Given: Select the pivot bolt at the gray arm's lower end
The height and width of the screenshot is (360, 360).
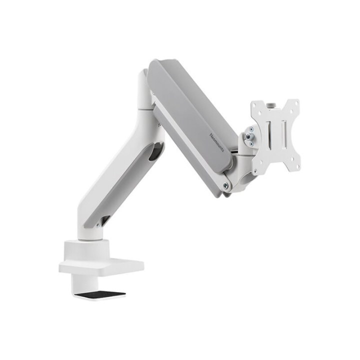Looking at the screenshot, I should coord(226,185).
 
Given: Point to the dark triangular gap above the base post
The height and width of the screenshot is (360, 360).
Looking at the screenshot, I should coord(105,220).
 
